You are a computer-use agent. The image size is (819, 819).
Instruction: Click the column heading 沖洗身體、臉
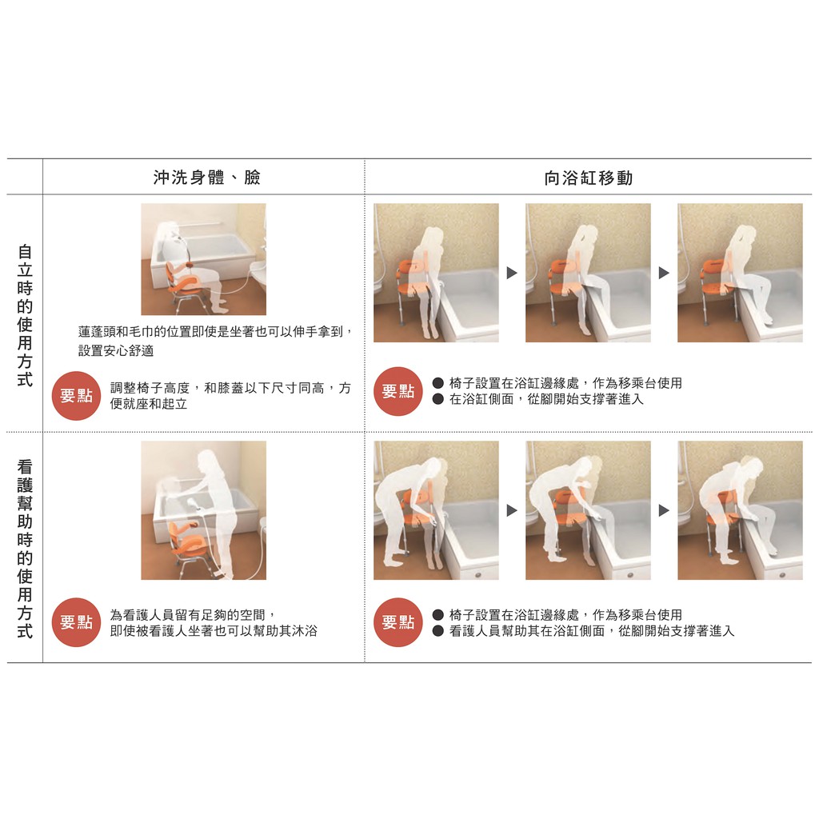point(207,178)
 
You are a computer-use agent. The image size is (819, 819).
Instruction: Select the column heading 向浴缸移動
point(588,178)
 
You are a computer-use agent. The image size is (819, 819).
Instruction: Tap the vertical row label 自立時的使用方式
point(25,315)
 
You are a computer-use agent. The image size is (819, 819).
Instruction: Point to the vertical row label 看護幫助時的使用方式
point(25,549)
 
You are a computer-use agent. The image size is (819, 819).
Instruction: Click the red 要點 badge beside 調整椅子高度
point(76,395)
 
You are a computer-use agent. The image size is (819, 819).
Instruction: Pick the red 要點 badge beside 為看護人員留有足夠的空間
point(76,622)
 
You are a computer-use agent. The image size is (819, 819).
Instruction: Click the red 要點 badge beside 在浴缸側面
point(398,391)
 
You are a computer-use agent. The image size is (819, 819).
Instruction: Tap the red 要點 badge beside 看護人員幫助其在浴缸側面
point(398,622)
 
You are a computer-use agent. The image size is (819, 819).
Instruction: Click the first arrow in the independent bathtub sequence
point(512,273)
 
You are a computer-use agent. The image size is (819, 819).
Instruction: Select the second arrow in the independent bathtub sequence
point(664,273)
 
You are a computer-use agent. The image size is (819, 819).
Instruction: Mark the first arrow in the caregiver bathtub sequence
point(512,510)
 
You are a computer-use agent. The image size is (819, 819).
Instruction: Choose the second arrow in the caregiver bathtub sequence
point(664,510)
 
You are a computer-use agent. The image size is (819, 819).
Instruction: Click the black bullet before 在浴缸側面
point(438,400)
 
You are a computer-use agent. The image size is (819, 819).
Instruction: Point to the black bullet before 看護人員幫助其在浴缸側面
point(438,631)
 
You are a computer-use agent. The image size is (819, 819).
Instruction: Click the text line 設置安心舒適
point(116,350)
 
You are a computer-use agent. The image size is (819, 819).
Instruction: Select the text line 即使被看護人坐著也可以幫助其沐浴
point(214,631)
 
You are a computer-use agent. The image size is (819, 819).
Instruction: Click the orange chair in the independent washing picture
point(183,285)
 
